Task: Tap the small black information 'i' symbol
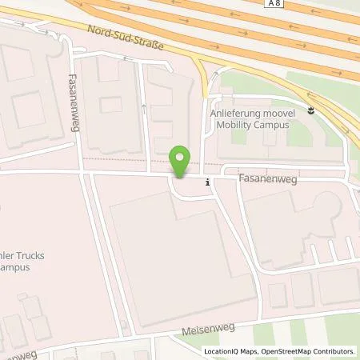[x=208, y=182]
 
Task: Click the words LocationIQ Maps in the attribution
[x=231, y=351]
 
